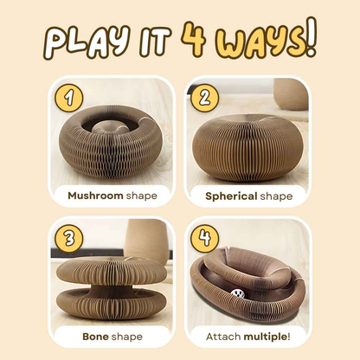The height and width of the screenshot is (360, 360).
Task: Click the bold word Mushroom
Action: click(x=96, y=196)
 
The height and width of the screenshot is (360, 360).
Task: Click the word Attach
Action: click(x=225, y=336)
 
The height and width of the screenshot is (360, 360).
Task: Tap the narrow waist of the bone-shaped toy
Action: click(x=107, y=281)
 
